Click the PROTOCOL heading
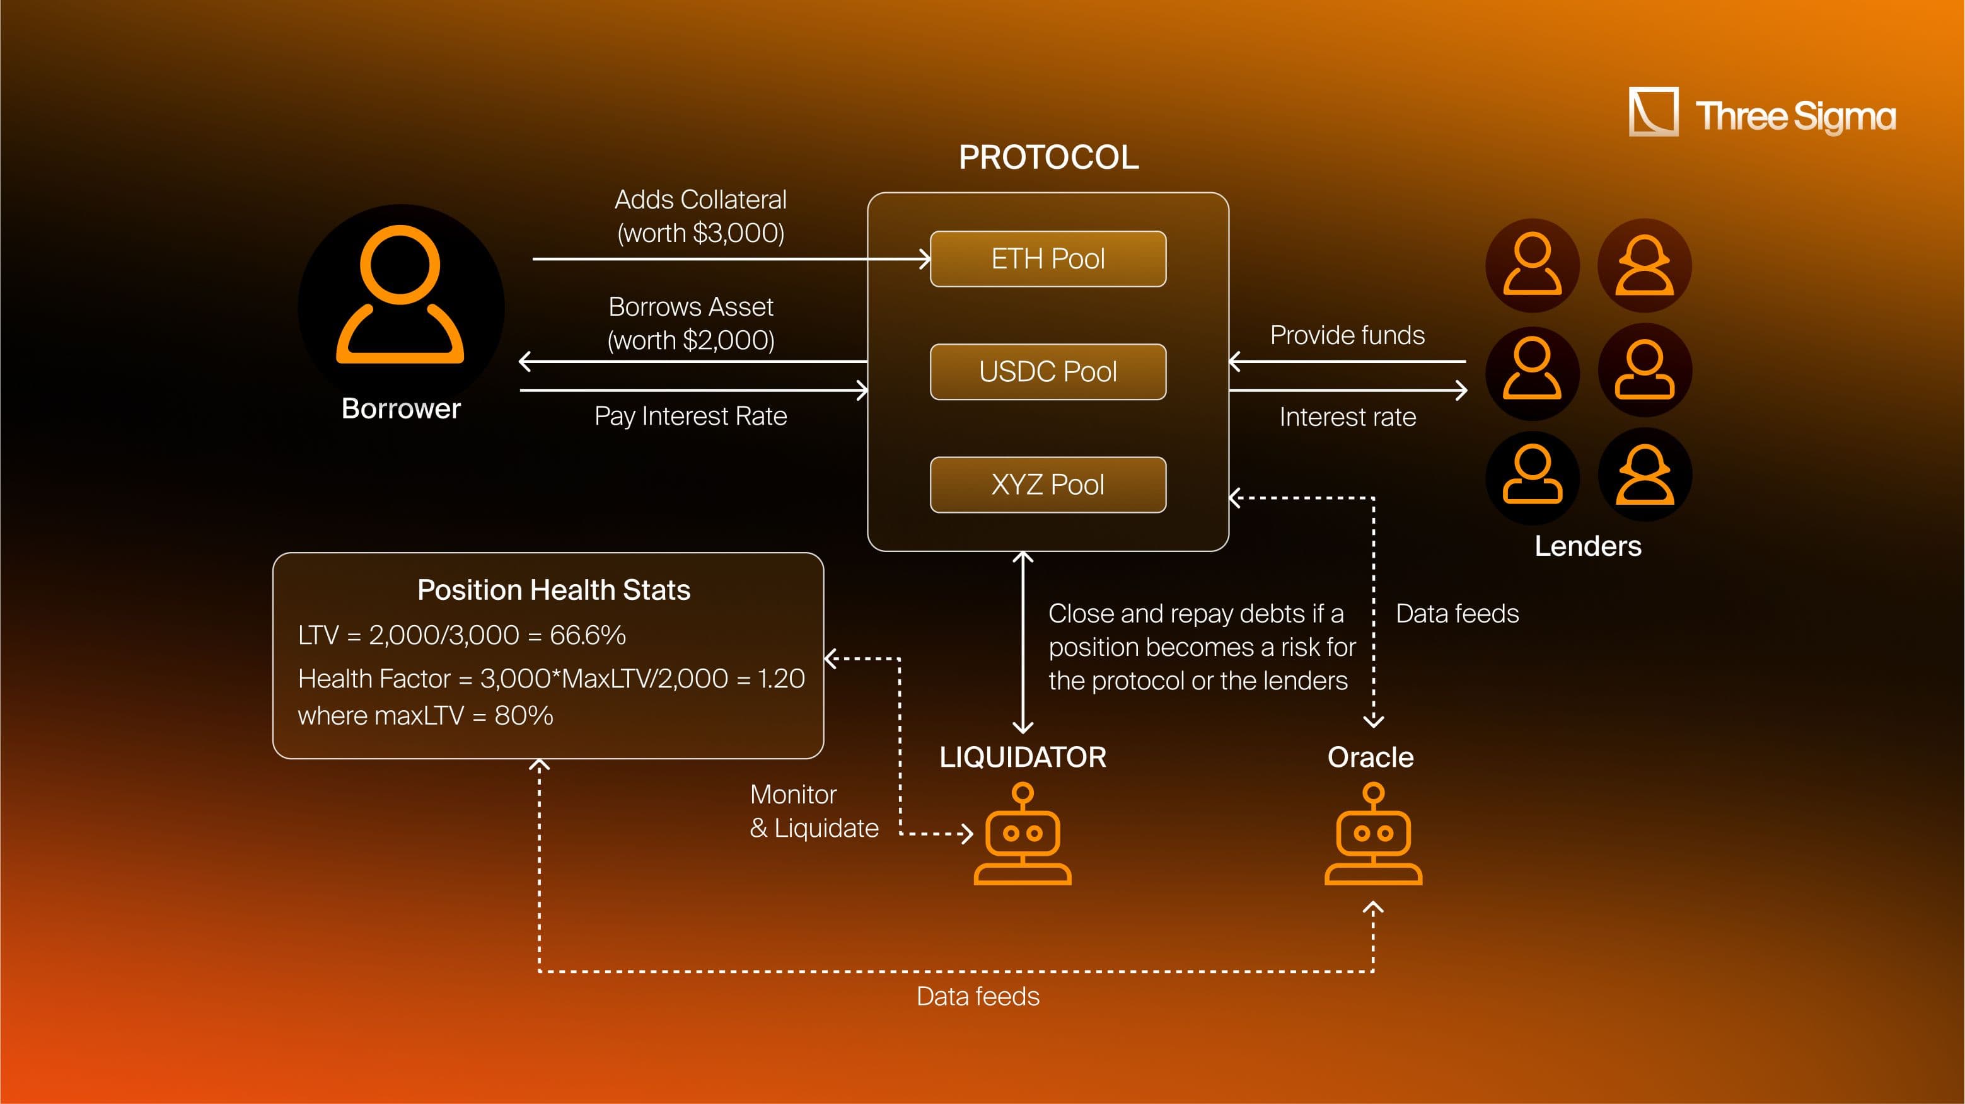coord(1048,158)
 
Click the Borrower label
coord(400,409)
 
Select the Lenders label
coord(1587,546)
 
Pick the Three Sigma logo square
coord(1653,112)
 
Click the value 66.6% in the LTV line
coord(588,635)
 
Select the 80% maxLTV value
coord(523,716)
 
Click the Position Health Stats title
coord(554,590)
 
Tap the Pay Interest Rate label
coord(690,417)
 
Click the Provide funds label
coord(1347,335)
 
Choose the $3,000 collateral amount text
coord(738,233)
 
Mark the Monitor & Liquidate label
coord(813,811)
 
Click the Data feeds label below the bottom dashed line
coord(977,996)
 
